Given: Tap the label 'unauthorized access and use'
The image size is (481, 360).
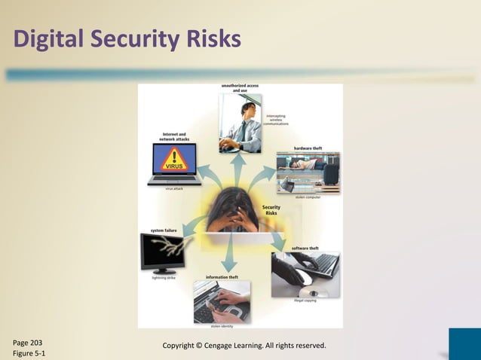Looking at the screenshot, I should pyautogui.click(x=240, y=89).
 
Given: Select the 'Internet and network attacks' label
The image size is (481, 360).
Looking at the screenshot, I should pyautogui.click(x=175, y=137).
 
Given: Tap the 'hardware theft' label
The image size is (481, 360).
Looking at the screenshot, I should pyautogui.click(x=308, y=148).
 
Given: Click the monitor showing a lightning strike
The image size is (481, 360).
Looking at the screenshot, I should pyautogui.click(x=161, y=252).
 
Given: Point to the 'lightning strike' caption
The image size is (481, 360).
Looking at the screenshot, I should pyautogui.click(x=159, y=277).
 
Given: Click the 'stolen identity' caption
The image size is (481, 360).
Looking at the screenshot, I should pyautogui.click(x=222, y=326).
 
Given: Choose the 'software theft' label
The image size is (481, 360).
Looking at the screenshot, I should pyautogui.click(x=305, y=248).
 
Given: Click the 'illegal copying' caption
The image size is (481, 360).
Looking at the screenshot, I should pyautogui.click(x=305, y=301).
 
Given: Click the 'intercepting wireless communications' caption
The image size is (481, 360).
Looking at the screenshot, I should pyautogui.click(x=275, y=120).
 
